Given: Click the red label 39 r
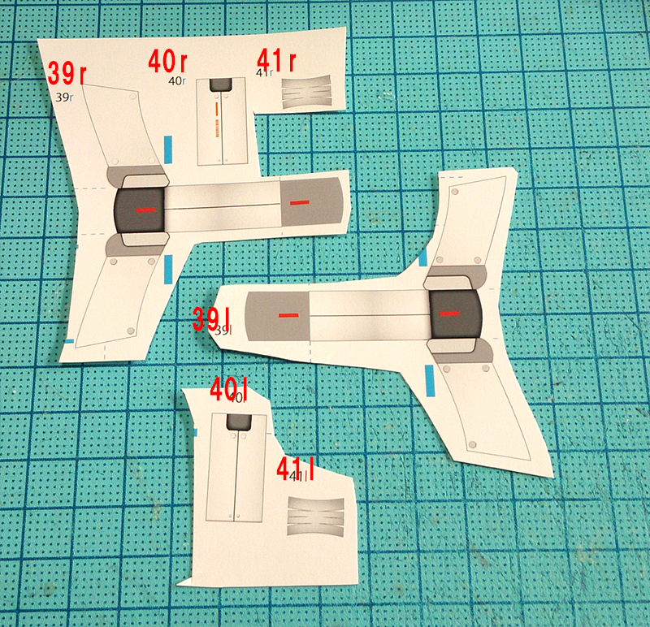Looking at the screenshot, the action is [67, 73].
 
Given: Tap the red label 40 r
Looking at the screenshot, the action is [167, 62].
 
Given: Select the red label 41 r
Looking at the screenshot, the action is [276, 60].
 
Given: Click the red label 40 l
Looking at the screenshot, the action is [229, 389].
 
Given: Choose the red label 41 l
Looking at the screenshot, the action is [295, 469].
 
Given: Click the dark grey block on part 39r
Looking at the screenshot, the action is [139, 210].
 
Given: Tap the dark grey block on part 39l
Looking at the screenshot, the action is [456, 313].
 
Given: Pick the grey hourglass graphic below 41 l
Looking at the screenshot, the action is [316, 517].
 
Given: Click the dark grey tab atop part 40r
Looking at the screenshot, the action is [220, 85].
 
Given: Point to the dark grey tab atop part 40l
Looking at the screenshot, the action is [239, 422].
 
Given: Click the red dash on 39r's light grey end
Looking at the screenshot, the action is [300, 203].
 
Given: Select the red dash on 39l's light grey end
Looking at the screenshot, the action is [289, 316].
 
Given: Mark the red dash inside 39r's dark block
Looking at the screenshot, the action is [146, 210].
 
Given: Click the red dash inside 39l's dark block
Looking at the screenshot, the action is [449, 313].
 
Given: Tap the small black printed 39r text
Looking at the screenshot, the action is [64, 97].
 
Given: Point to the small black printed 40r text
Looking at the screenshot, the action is [177, 80].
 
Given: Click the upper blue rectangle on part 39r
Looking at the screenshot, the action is [168, 149].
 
